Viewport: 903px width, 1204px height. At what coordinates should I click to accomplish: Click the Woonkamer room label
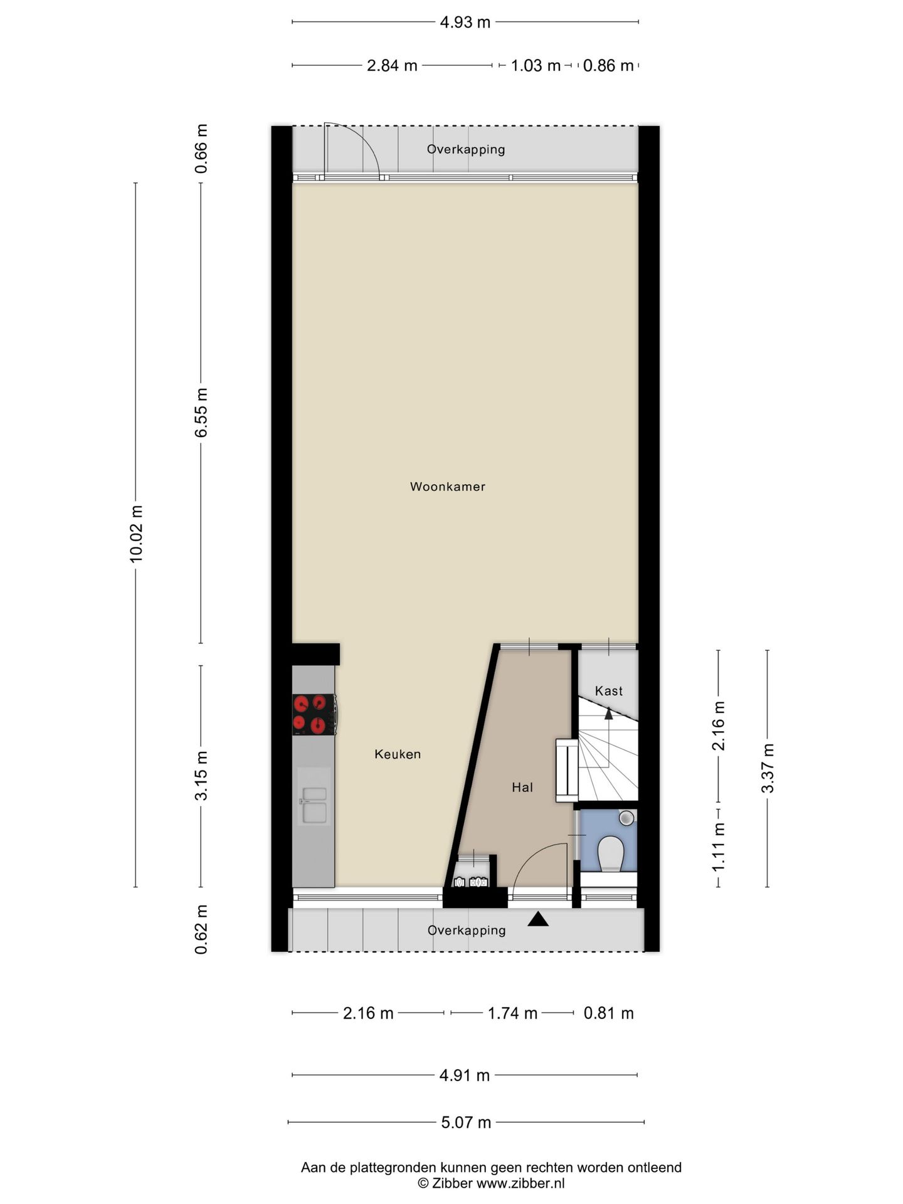(448, 487)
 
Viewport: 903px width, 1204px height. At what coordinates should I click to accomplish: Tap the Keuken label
(398, 754)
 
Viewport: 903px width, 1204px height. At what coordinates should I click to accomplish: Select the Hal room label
(522, 788)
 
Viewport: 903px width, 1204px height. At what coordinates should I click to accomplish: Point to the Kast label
(609, 691)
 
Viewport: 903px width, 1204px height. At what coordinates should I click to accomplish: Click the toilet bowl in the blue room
(610, 853)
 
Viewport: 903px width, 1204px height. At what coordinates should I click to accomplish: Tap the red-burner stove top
(315, 715)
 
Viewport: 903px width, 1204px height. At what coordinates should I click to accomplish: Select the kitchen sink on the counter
(314, 805)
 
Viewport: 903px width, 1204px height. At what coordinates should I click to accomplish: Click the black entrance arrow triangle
(538, 919)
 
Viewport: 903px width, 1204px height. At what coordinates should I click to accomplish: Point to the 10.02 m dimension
(136, 534)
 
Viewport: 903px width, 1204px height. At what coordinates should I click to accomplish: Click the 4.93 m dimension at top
(465, 23)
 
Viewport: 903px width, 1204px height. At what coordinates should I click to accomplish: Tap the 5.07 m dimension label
(466, 1122)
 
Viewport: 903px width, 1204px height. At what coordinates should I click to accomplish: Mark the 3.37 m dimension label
(768, 768)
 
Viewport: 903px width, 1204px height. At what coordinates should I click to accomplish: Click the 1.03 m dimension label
(536, 65)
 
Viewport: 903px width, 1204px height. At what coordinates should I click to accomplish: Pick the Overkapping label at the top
(466, 149)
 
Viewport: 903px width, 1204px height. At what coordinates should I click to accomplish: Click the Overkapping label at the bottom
(467, 930)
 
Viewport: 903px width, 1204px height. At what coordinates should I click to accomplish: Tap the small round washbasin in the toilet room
(626, 818)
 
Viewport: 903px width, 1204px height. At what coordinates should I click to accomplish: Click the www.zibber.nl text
(520, 1183)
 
